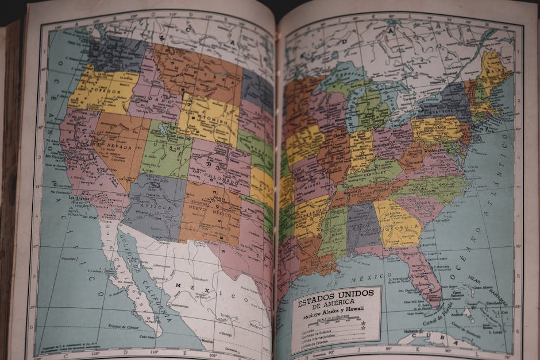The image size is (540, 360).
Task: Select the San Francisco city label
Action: (58, 156)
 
